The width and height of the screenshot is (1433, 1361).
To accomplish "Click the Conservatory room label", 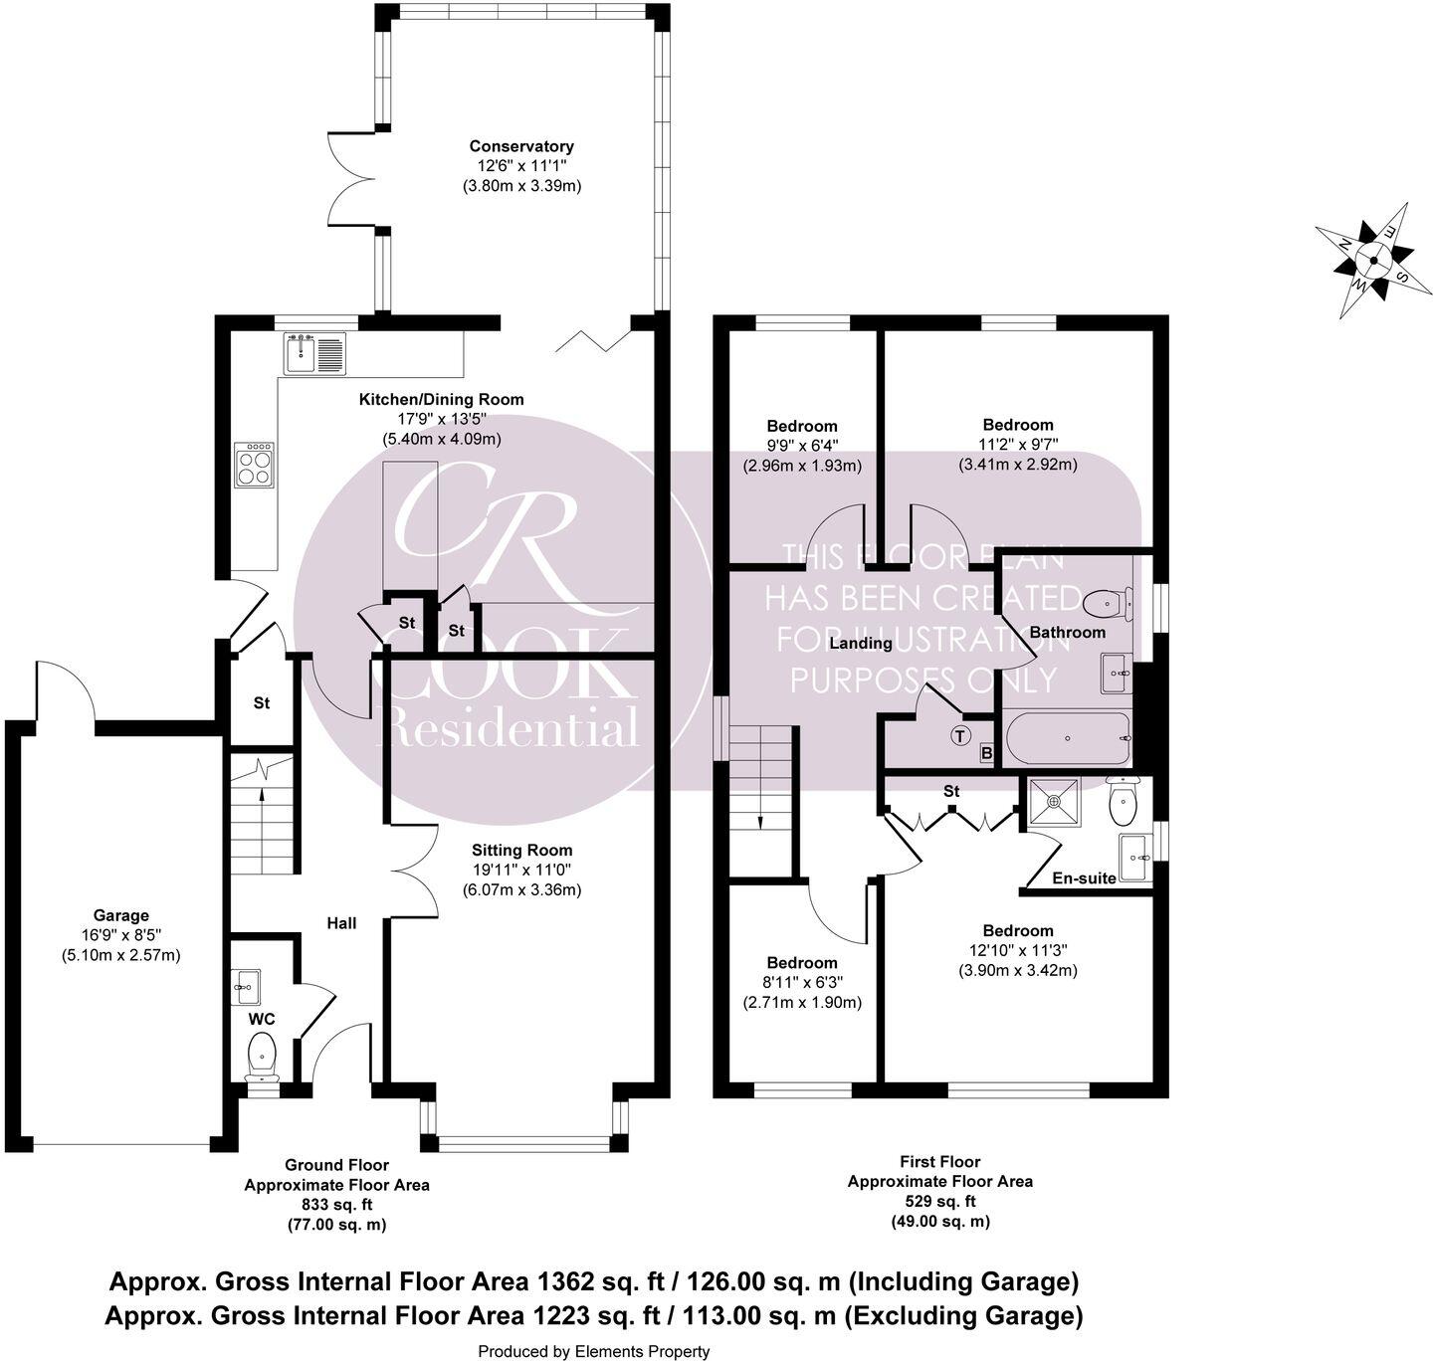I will pyautogui.click(x=521, y=146).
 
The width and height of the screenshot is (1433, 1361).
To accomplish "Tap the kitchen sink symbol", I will pyautogui.click(x=314, y=353).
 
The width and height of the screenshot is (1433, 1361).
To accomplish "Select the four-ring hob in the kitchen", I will pyautogui.click(x=254, y=465).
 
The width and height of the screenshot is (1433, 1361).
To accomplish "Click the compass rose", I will pyautogui.click(x=1372, y=261).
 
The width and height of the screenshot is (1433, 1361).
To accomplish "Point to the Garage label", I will pyautogui.click(x=120, y=915).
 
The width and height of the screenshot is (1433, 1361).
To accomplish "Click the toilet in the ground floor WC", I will pyautogui.click(x=262, y=1054).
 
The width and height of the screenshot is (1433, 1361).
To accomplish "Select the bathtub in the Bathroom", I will pyautogui.click(x=1068, y=738).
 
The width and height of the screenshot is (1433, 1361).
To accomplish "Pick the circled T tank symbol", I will pyautogui.click(x=959, y=737).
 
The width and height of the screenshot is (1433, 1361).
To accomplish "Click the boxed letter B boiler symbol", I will pyautogui.click(x=986, y=753).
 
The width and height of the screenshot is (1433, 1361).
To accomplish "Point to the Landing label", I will pyautogui.click(x=861, y=643).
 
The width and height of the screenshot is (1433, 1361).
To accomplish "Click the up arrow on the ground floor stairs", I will pyautogui.click(x=262, y=793).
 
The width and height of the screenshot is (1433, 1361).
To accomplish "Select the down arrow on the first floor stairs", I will pyautogui.click(x=760, y=821).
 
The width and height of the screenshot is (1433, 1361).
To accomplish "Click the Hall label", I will pyautogui.click(x=341, y=923).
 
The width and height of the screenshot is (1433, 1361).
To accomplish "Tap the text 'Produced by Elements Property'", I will pyautogui.click(x=594, y=1351).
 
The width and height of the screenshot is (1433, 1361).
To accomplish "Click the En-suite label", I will pyautogui.click(x=1084, y=878).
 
